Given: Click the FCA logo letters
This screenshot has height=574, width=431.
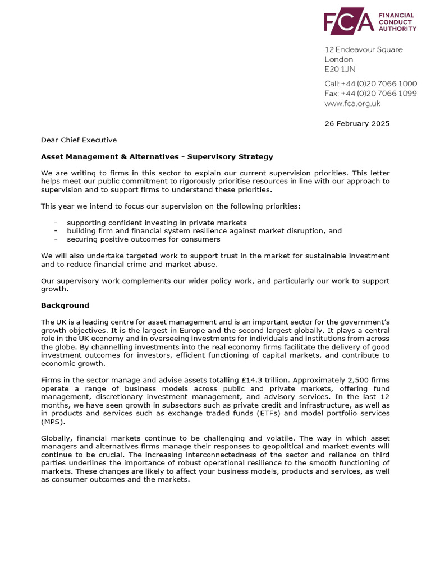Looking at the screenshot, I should pyautogui.click(x=348, y=22).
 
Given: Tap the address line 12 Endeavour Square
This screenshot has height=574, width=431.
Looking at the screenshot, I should pyautogui.click(x=363, y=49).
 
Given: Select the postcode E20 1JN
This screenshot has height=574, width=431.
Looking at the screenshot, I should pyautogui.click(x=340, y=70).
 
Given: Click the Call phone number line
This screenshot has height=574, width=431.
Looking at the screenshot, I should pyautogui.click(x=370, y=84).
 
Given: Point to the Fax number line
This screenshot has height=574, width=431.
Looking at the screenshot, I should pyautogui.click(x=370, y=94).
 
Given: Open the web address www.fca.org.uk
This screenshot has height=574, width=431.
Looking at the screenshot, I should pyautogui.click(x=352, y=103).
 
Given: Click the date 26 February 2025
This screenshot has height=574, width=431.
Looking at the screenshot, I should pyautogui.click(x=357, y=123).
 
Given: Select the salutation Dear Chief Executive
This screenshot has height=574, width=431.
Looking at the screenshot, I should pyautogui.click(x=79, y=140).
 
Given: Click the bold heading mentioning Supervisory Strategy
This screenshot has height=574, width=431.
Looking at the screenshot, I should pyautogui.click(x=157, y=156).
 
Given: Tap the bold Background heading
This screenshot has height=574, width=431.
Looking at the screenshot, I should pyautogui.click(x=65, y=305).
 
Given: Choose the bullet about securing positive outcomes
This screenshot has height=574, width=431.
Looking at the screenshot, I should pyautogui.click(x=143, y=239).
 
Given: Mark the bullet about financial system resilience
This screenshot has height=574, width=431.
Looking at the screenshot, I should pyautogui.click(x=204, y=231).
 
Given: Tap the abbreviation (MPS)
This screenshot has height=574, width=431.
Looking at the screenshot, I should pyautogui.click(x=53, y=422).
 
